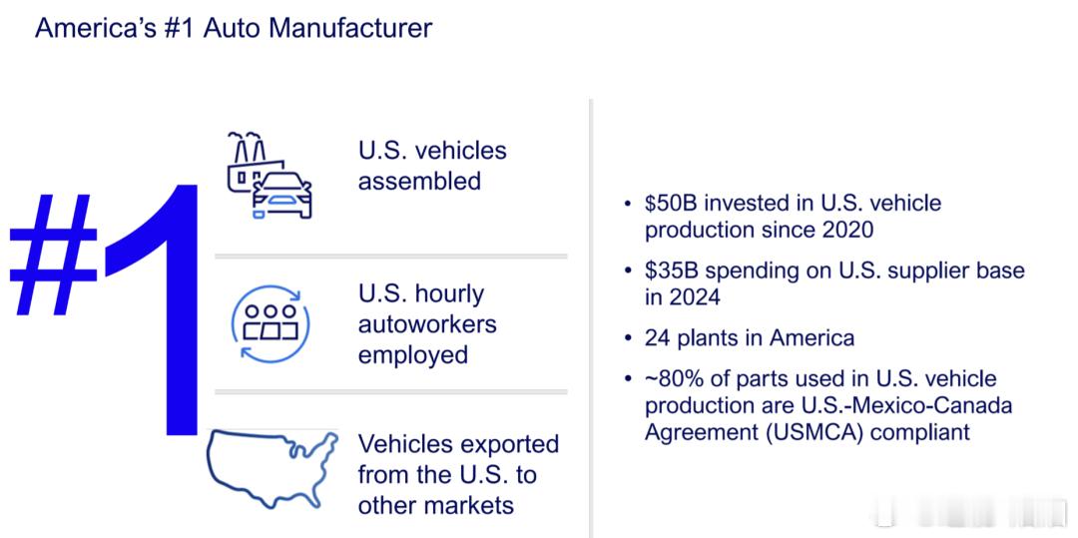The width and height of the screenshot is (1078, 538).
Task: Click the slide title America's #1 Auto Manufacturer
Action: click(x=234, y=28)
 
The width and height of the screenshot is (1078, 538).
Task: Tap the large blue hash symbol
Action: click(x=54, y=255)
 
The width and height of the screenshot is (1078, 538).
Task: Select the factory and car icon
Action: click(x=269, y=176)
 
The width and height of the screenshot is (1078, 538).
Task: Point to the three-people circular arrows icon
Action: click(x=269, y=323)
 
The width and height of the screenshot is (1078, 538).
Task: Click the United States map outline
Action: click(x=272, y=468)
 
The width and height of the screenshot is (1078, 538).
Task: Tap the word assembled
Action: click(x=419, y=182)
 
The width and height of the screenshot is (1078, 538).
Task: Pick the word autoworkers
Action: click(x=427, y=324)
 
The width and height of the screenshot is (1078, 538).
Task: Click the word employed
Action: click(x=413, y=356)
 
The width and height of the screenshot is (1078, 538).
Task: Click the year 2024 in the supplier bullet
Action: click(x=695, y=297)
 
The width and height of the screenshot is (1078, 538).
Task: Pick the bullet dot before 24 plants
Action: click(x=626, y=338)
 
